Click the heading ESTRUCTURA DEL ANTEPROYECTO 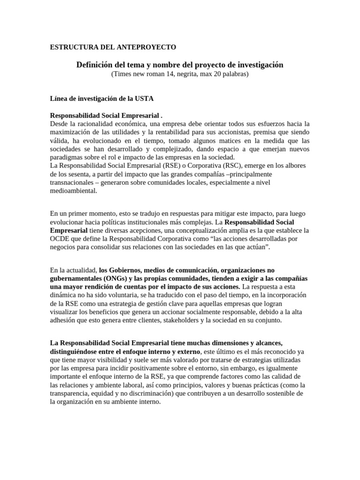pos(113,47)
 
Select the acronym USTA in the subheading pos(144,98)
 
